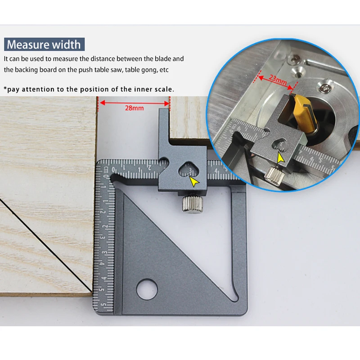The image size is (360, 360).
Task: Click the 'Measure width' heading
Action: click(x=44, y=45)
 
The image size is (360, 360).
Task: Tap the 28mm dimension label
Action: click(x=135, y=108)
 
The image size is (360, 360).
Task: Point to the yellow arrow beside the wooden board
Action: click(x=194, y=181)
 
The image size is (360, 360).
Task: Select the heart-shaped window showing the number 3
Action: click(x=189, y=170)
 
